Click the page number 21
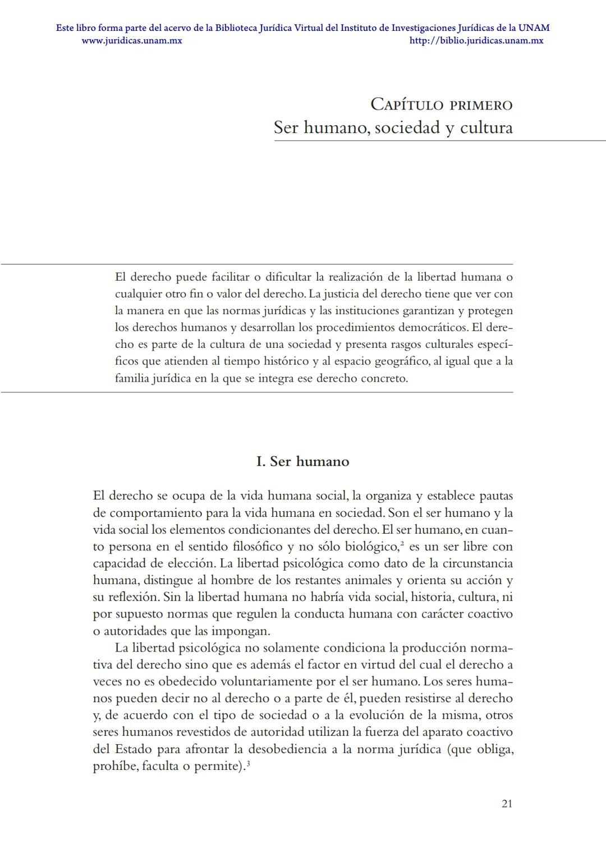[x=507, y=804]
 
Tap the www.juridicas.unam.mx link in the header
[x=132, y=40]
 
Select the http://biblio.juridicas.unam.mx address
[x=476, y=40]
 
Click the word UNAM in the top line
[x=534, y=27]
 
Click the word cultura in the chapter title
[x=486, y=128]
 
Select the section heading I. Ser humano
[x=302, y=461]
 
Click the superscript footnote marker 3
[x=248, y=763]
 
